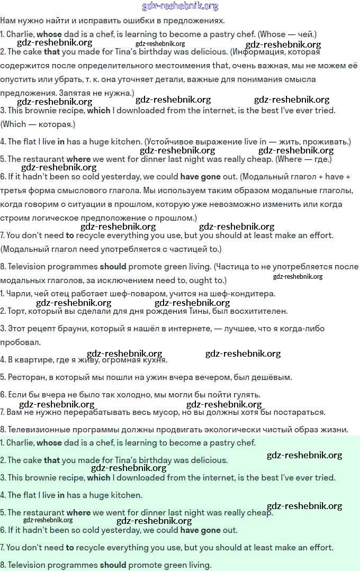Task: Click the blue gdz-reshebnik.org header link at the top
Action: coord(180,6)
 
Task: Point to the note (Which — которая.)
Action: coord(38,124)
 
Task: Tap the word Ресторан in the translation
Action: coord(27,377)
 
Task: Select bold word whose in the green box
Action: coord(49,443)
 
